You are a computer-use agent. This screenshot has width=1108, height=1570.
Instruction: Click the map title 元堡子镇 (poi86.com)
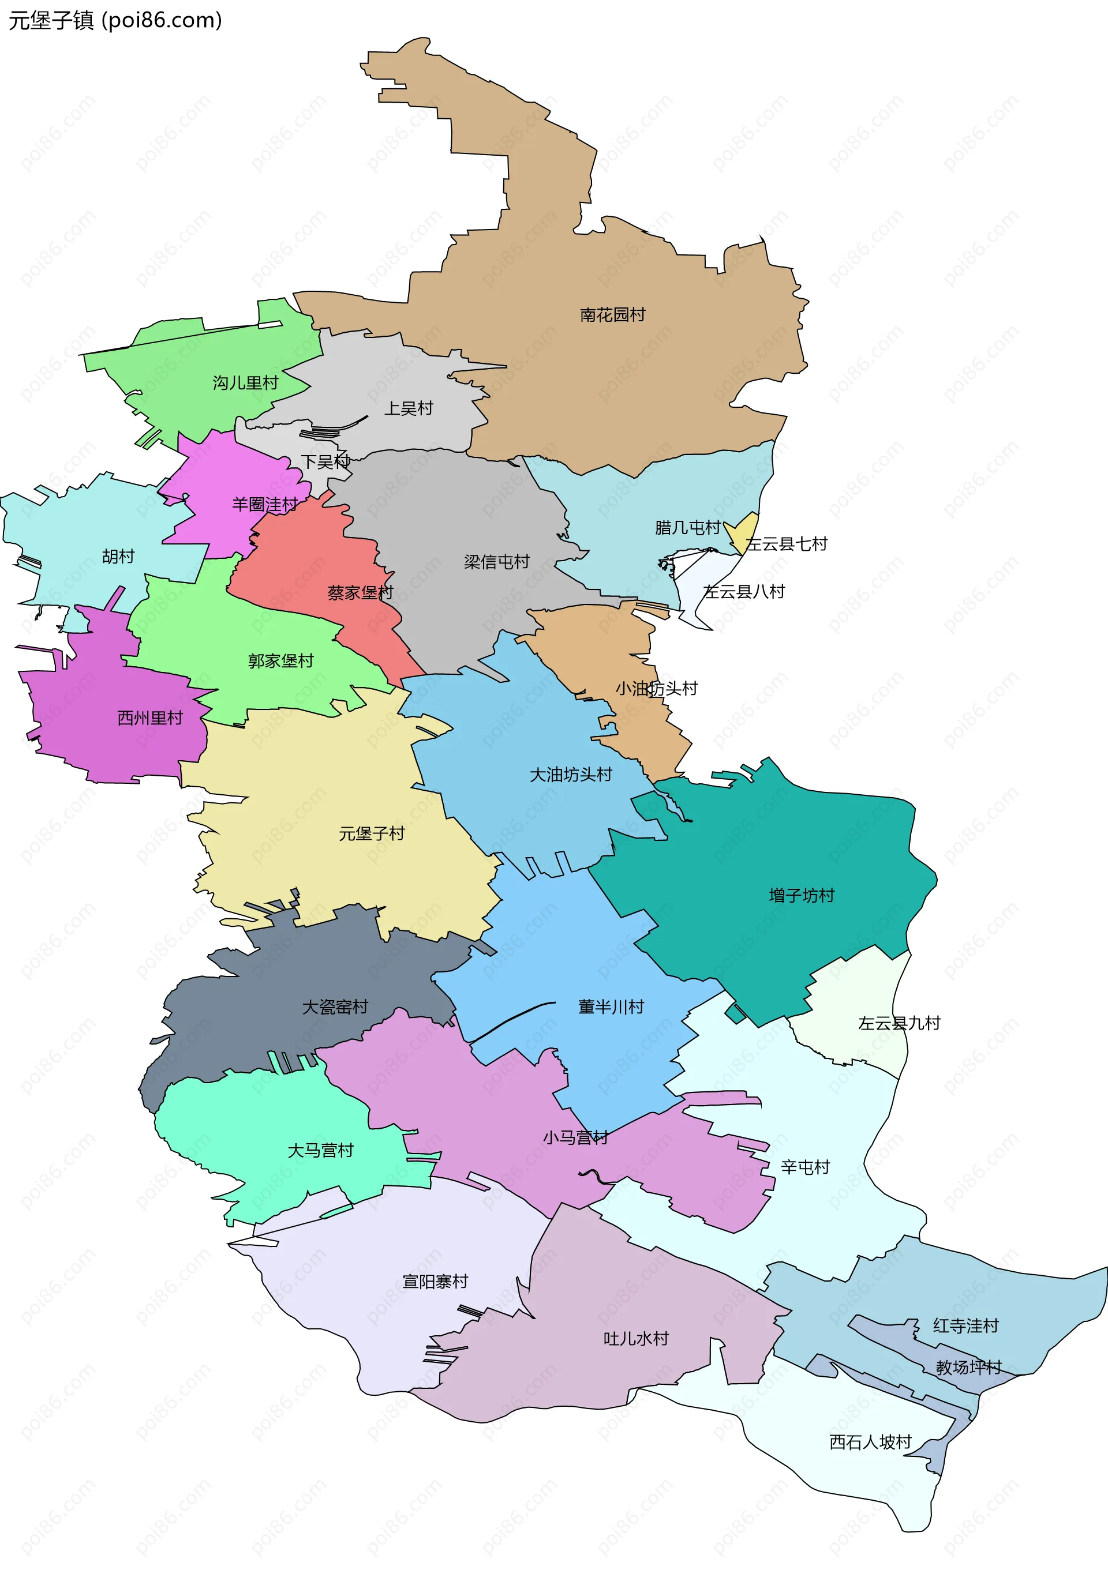tap(115, 21)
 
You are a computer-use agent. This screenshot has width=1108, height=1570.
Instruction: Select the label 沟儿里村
tap(245, 383)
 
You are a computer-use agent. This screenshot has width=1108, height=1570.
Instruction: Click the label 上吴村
tap(409, 408)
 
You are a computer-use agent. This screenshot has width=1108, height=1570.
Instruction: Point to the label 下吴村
tap(325, 461)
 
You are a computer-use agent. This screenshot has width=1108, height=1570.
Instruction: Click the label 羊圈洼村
tap(265, 505)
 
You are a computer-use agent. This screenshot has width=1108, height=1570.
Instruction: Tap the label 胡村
tap(118, 556)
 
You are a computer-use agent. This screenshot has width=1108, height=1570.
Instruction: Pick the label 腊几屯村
tap(687, 527)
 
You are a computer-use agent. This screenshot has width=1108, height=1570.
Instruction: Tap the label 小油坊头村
tap(656, 688)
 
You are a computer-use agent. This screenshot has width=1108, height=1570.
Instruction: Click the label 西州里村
tap(150, 718)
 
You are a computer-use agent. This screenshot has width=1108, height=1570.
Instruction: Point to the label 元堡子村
tap(372, 833)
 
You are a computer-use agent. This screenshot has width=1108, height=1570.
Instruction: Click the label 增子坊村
tap(801, 895)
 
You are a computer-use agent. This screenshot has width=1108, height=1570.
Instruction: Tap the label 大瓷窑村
tap(335, 1006)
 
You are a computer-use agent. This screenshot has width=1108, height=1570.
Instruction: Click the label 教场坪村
tap(968, 1367)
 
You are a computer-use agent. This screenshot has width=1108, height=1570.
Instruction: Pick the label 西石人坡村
tap(870, 1442)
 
